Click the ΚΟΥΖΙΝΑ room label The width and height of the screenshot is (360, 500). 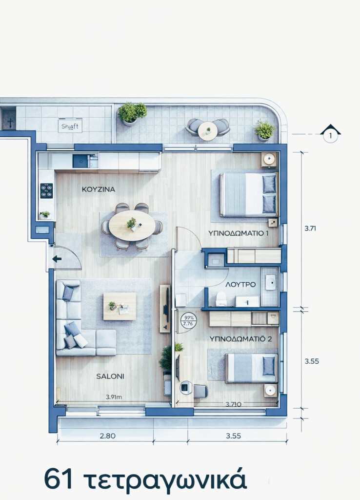98,189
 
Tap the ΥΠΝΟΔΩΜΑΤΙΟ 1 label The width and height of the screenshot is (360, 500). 239,233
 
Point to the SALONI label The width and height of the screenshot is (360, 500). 110,376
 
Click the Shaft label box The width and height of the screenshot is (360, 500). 70,125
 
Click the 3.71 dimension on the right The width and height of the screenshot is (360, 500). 311,228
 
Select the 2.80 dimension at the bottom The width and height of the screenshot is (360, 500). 107,436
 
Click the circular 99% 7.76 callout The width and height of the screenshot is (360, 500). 187,320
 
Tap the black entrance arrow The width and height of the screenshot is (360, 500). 57,259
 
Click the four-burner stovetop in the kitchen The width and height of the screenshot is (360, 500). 46,190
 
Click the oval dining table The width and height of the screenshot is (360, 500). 132,226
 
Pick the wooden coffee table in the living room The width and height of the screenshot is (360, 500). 120,306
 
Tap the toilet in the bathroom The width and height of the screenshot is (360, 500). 221,298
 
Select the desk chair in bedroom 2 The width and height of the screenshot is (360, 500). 200,391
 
